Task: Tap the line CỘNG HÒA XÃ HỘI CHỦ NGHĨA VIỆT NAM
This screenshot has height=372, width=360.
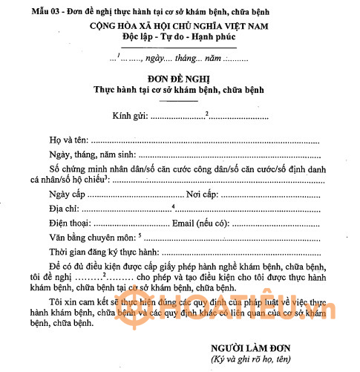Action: click(x=183, y=25)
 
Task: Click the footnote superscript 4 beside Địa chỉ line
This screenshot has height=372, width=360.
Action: click(x=173, y=206)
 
